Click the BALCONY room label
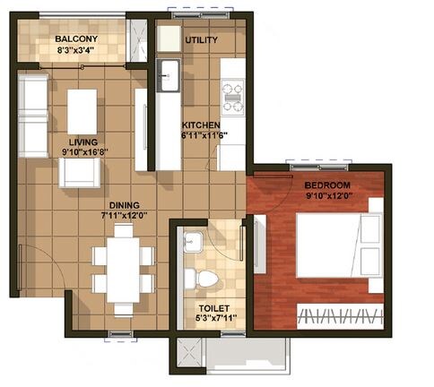(x=76, y=40)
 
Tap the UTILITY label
(x=201, y=41)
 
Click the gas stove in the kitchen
(x=231, y=97)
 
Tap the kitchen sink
(x=169, y=72)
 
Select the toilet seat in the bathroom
(x=206, y=276)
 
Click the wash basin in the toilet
(x=190, y=241)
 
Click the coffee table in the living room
(x=82, y=110)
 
